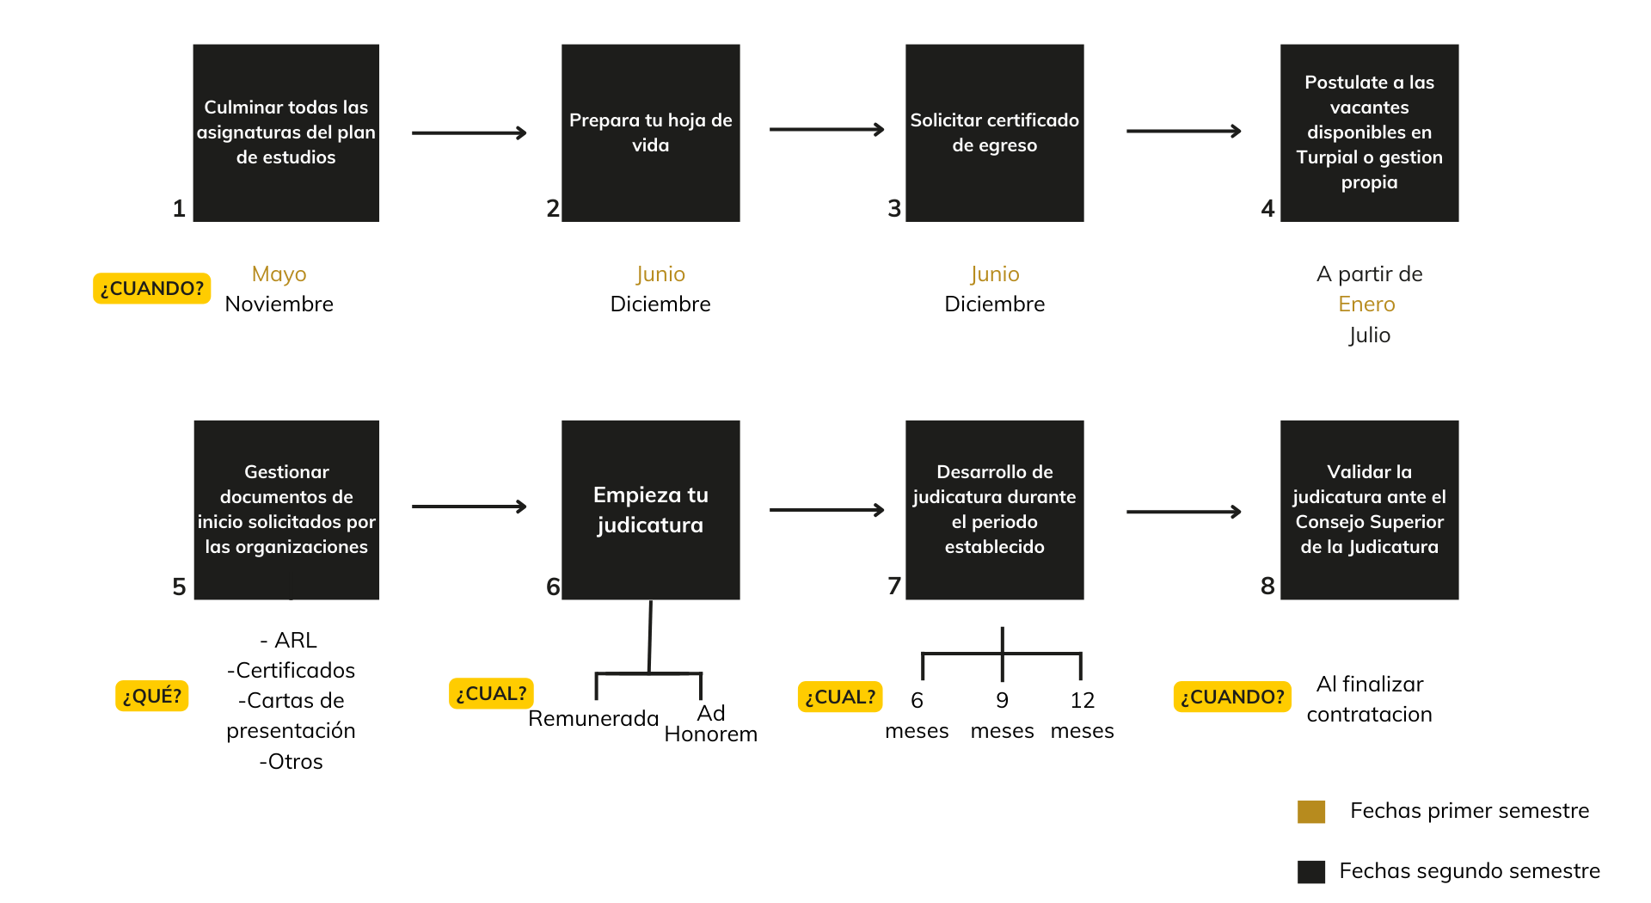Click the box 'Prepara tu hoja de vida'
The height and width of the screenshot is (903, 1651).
650,133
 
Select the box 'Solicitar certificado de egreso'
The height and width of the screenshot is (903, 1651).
994,133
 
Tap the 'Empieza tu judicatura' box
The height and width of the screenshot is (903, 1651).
650,509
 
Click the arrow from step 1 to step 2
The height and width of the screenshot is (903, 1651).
469,132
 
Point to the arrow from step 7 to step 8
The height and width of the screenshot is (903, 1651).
1183,512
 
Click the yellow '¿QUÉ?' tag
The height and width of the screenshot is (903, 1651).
151,696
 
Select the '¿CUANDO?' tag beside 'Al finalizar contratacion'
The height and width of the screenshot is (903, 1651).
1231,697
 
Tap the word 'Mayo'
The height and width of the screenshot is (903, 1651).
279,274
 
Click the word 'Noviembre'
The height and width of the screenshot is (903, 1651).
279,304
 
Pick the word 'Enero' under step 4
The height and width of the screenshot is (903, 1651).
1366,304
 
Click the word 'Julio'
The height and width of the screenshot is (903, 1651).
1369,335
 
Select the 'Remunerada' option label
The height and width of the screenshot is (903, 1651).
593,719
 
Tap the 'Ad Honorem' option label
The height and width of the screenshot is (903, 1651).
711,724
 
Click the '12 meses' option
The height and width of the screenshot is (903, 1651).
1082,716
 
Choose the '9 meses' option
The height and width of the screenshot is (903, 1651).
1002,716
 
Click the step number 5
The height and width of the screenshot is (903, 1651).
179,587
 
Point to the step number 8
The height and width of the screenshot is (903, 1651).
1267,586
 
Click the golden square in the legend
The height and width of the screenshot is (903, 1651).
1310,811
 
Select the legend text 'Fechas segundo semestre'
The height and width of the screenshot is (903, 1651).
1469,871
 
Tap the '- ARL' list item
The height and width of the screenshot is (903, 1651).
289,641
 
